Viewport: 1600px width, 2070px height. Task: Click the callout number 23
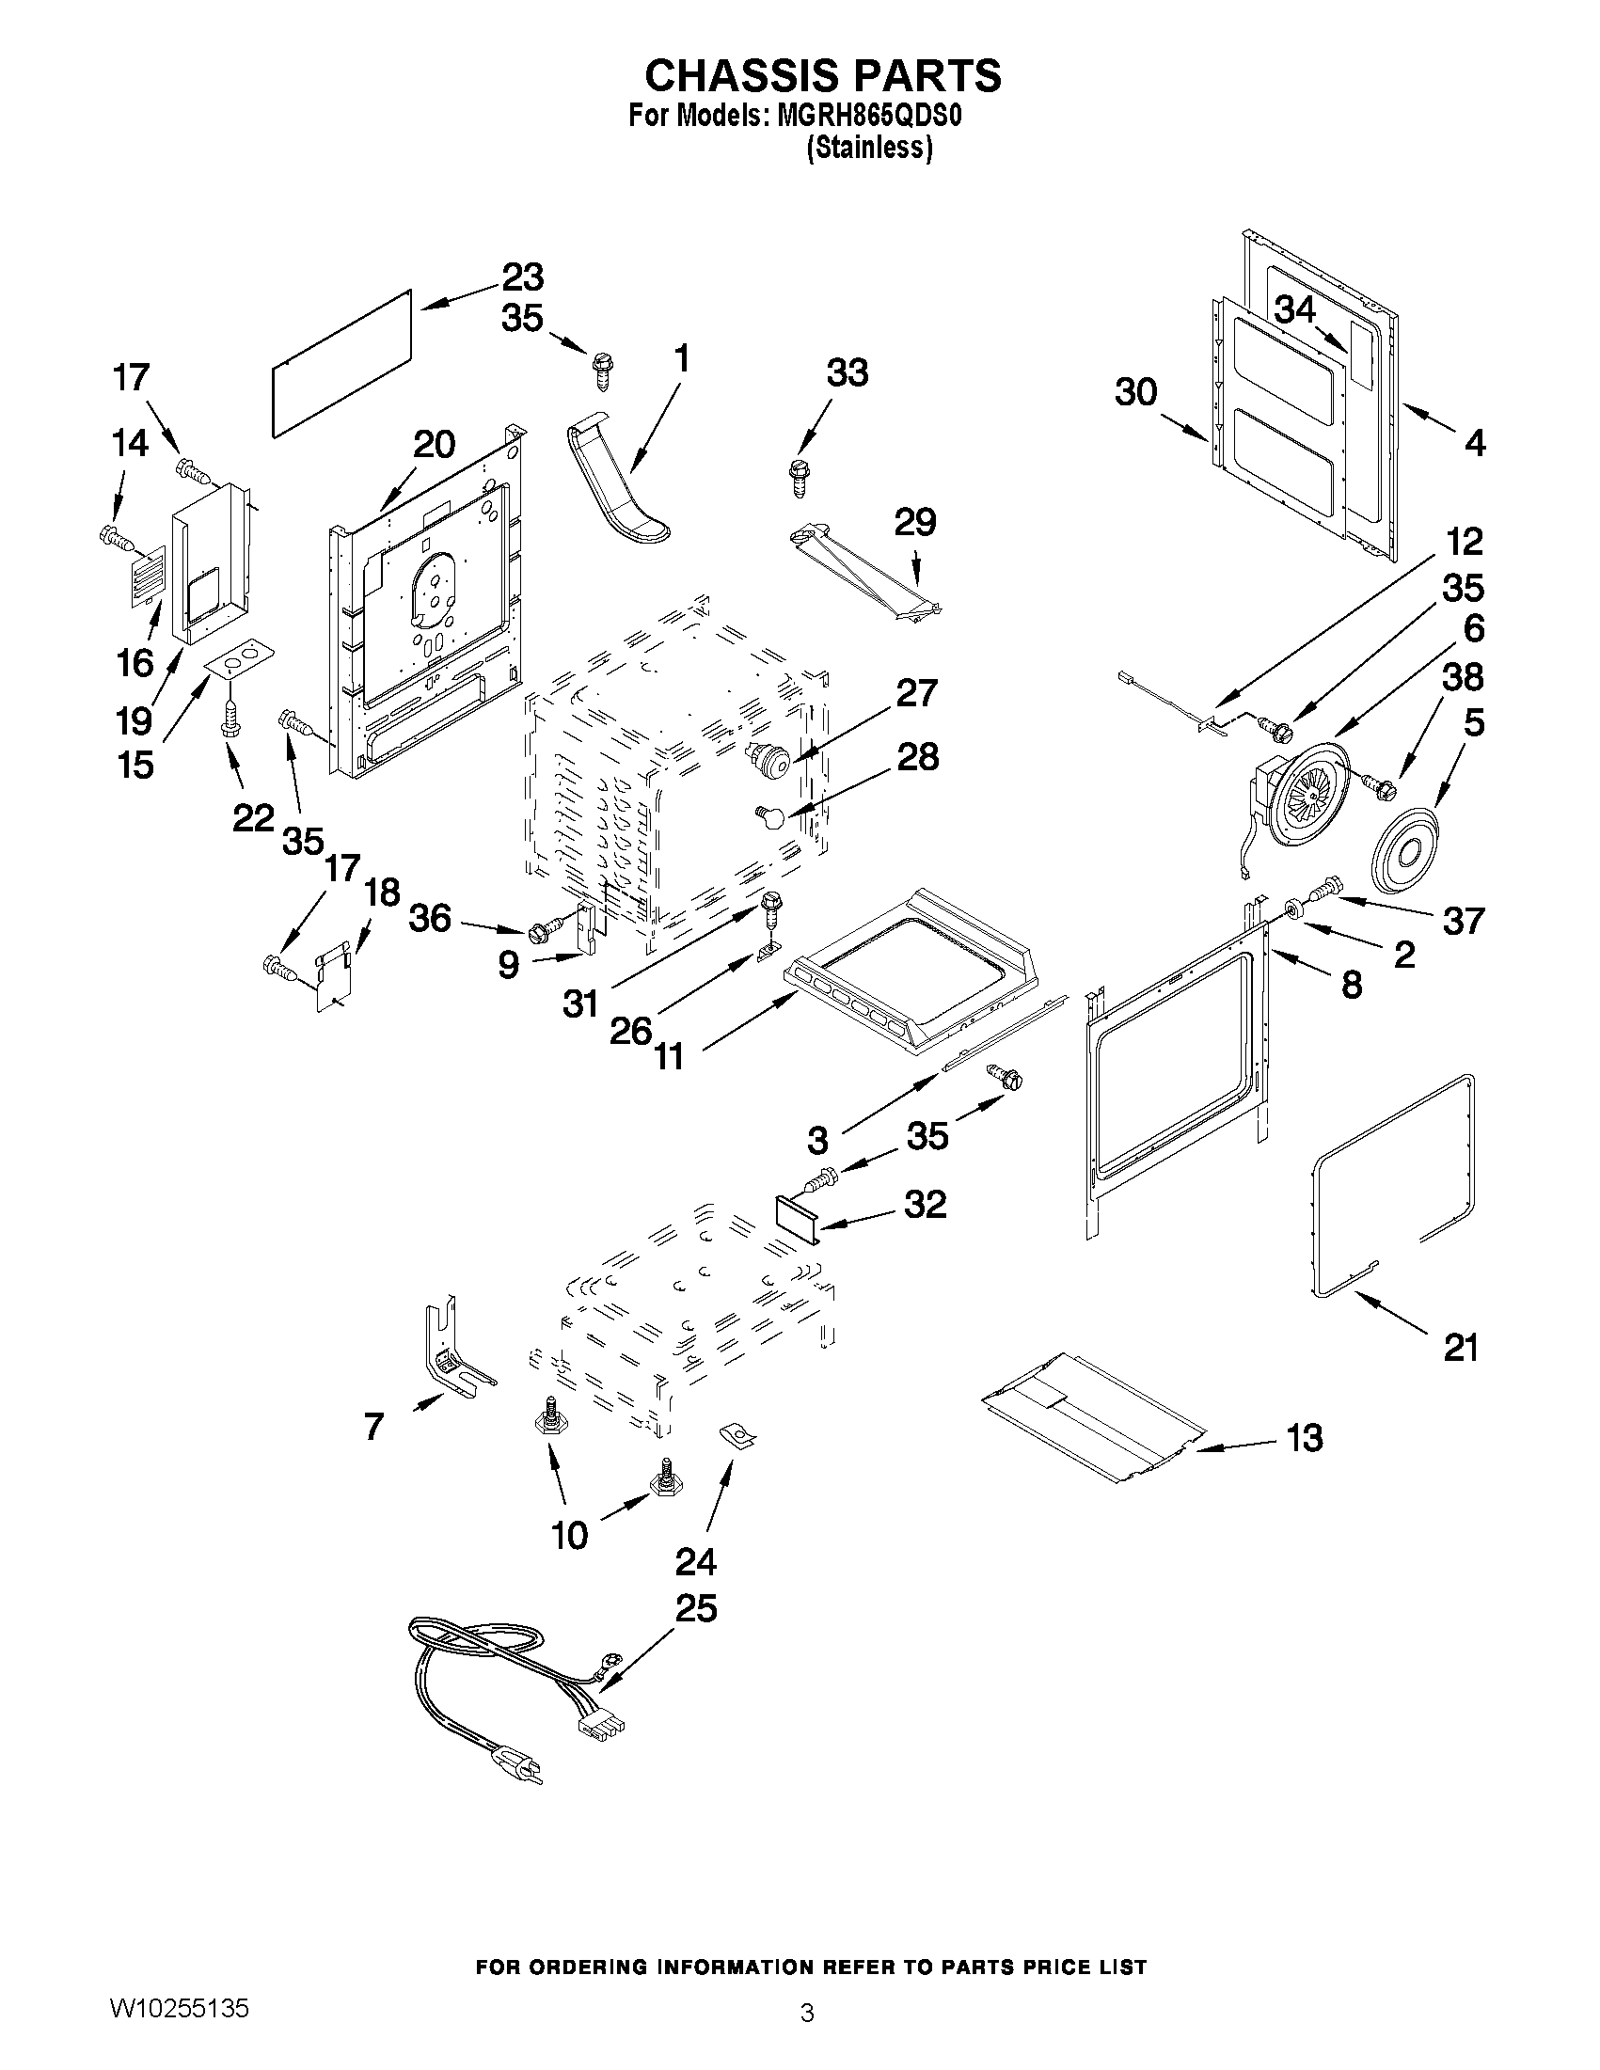(522, 277)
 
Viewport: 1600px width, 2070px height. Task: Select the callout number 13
(1305, 1438)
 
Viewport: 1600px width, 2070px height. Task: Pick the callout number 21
(1460, 1347)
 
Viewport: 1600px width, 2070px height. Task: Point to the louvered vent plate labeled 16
(147, 575)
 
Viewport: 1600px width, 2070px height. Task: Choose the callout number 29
(914, 522)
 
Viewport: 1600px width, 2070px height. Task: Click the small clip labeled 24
(737, 1437)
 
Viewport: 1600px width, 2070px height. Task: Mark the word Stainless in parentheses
(869, 149)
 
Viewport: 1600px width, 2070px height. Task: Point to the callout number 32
(925, 1205)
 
